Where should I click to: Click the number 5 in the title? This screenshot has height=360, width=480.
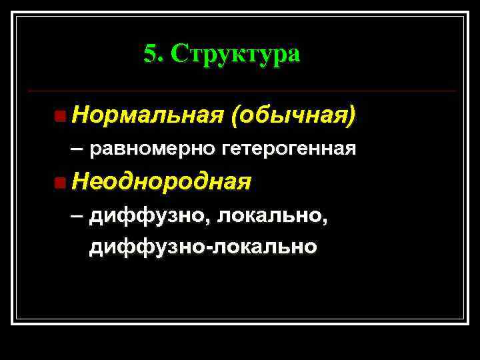pos(149,53)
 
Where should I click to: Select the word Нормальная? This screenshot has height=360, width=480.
pos(147,116)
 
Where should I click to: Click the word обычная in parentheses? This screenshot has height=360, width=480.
pos(290,116)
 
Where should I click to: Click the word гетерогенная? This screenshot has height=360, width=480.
pos(289,148)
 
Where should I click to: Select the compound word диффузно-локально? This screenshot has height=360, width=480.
pos(203,247)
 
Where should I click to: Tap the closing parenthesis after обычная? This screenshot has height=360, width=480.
pos(351,117)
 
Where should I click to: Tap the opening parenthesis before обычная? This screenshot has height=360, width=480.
pos(233,117)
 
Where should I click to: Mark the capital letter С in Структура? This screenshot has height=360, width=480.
pos(179,53)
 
